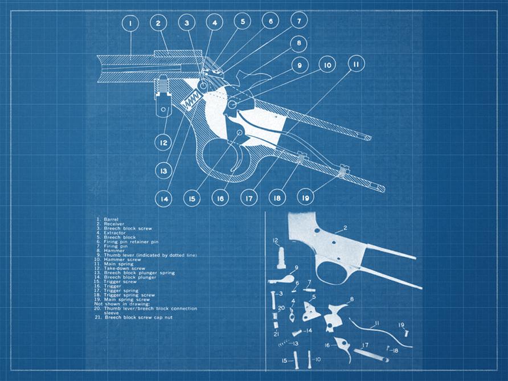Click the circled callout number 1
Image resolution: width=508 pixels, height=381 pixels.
[130, 23]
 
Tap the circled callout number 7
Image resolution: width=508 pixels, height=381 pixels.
[299, 22]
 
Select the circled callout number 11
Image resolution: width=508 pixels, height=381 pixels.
[356, 64]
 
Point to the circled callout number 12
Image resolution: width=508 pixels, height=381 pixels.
[163, 143]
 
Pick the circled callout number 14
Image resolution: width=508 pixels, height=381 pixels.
[164, 199]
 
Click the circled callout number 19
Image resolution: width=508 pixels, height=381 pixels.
[305, 197]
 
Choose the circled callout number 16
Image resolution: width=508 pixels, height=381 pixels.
[220, 198]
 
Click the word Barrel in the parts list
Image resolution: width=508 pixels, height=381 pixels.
[111, 219]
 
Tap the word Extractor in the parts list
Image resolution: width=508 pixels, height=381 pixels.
[114, 232]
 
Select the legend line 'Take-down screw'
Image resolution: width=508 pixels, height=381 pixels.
[120, 268]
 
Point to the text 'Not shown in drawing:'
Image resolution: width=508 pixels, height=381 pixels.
[122, 304]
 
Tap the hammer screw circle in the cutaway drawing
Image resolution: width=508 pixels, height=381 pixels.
[232, 105]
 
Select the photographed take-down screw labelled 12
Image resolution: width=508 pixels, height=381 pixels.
[281, 258]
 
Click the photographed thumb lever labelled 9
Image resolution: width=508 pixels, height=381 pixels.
[281, 279]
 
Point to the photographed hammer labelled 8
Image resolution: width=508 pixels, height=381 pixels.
[335, 317]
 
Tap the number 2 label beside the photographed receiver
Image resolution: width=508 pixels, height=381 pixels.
[345, 228]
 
